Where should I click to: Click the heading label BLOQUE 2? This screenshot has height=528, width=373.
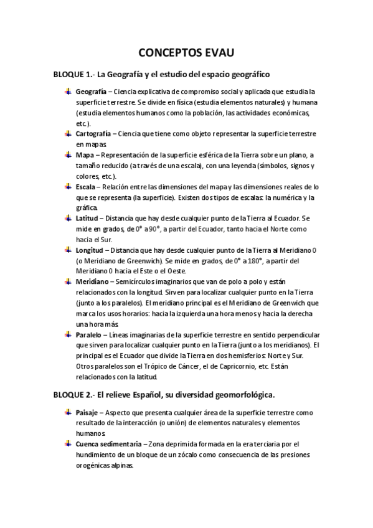click(73, 395)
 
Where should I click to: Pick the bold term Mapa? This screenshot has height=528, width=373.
click(86, 155)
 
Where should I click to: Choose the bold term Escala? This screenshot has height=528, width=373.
click(88, 186)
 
